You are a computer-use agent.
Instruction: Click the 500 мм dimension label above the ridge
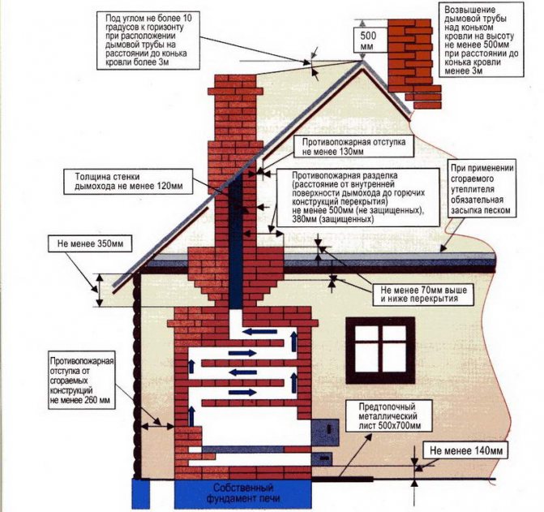tap(368, 40)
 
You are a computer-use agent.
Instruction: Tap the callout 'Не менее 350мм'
tap(90, 244)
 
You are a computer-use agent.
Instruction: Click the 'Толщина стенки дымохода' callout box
tap(128, 181)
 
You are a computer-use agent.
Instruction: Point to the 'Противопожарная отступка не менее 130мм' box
tap(353, 147)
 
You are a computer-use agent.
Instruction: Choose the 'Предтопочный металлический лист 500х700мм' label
tap(390, 416)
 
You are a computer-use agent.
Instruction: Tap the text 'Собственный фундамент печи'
tap(243, 493)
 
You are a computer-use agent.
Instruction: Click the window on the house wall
tap(380, 350)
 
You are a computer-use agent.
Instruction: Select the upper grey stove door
tap(325, 432)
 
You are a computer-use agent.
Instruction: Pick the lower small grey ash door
tap(323, 458)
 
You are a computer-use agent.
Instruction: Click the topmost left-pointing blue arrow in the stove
tap(259, 332)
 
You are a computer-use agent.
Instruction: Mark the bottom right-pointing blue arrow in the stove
tap(242, 392)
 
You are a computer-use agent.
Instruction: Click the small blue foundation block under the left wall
tap(141, 493)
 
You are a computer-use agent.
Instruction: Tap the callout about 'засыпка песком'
tap(482, 189)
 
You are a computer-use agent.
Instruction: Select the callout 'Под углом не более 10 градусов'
tap(148, 40)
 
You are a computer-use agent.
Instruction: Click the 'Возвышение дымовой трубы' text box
tap(482, 41)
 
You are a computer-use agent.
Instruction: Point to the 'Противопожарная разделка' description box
tap(358, 197)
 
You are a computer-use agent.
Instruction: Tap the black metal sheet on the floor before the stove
tap(343, 480)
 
